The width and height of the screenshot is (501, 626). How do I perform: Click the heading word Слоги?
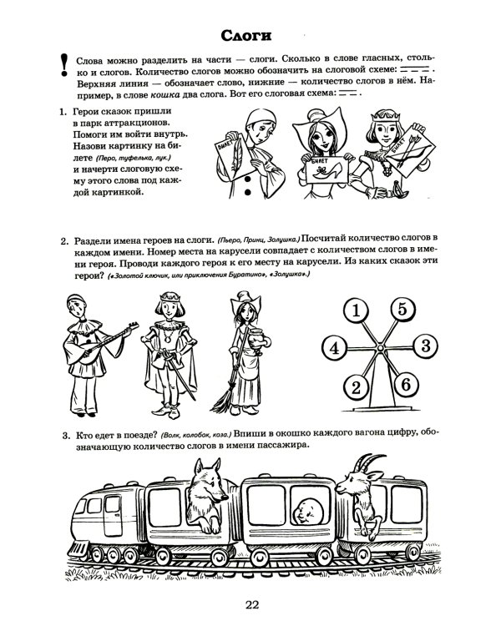pyautogui.click(x=250, y=35)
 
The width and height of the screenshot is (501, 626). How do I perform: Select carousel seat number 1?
pyautogui.click(x=357, y=312)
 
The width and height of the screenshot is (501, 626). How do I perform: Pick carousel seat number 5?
pyautogui.click(x=402, y=310)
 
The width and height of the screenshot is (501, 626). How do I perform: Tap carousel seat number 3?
pyautogui.click(x=423, y=345)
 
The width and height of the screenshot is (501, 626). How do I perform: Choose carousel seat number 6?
pyautogui.click(x=401, y=385)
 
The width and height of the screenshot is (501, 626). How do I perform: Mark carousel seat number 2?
pyautogui.click(x=357, y=386)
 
